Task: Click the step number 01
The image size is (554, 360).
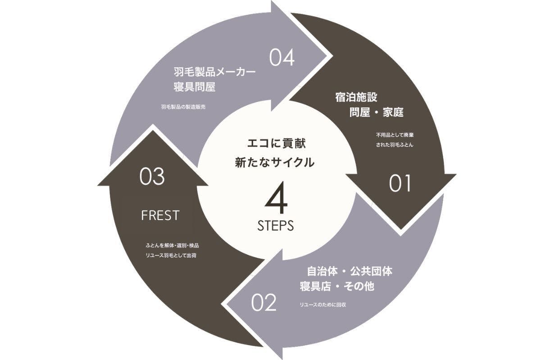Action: pos(400,183)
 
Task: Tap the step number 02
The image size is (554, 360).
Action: pos(263,303)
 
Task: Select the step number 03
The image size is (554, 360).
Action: pos(152,177)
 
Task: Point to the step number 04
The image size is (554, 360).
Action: pos(282,58)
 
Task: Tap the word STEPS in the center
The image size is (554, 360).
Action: pos(276,225)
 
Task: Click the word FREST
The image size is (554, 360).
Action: pos(160,216)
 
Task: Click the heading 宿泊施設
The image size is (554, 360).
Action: pos(356,97)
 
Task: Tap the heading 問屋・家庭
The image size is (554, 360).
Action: pos(376,112)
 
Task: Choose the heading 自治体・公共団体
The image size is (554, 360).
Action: pos(350,271)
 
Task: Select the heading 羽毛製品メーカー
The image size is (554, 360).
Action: pos(215,72)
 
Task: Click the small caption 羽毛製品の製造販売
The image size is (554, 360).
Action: pos(183,107)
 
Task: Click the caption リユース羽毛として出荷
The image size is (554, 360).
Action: pos(171,255)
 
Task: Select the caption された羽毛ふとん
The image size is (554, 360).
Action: pos(395,145)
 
